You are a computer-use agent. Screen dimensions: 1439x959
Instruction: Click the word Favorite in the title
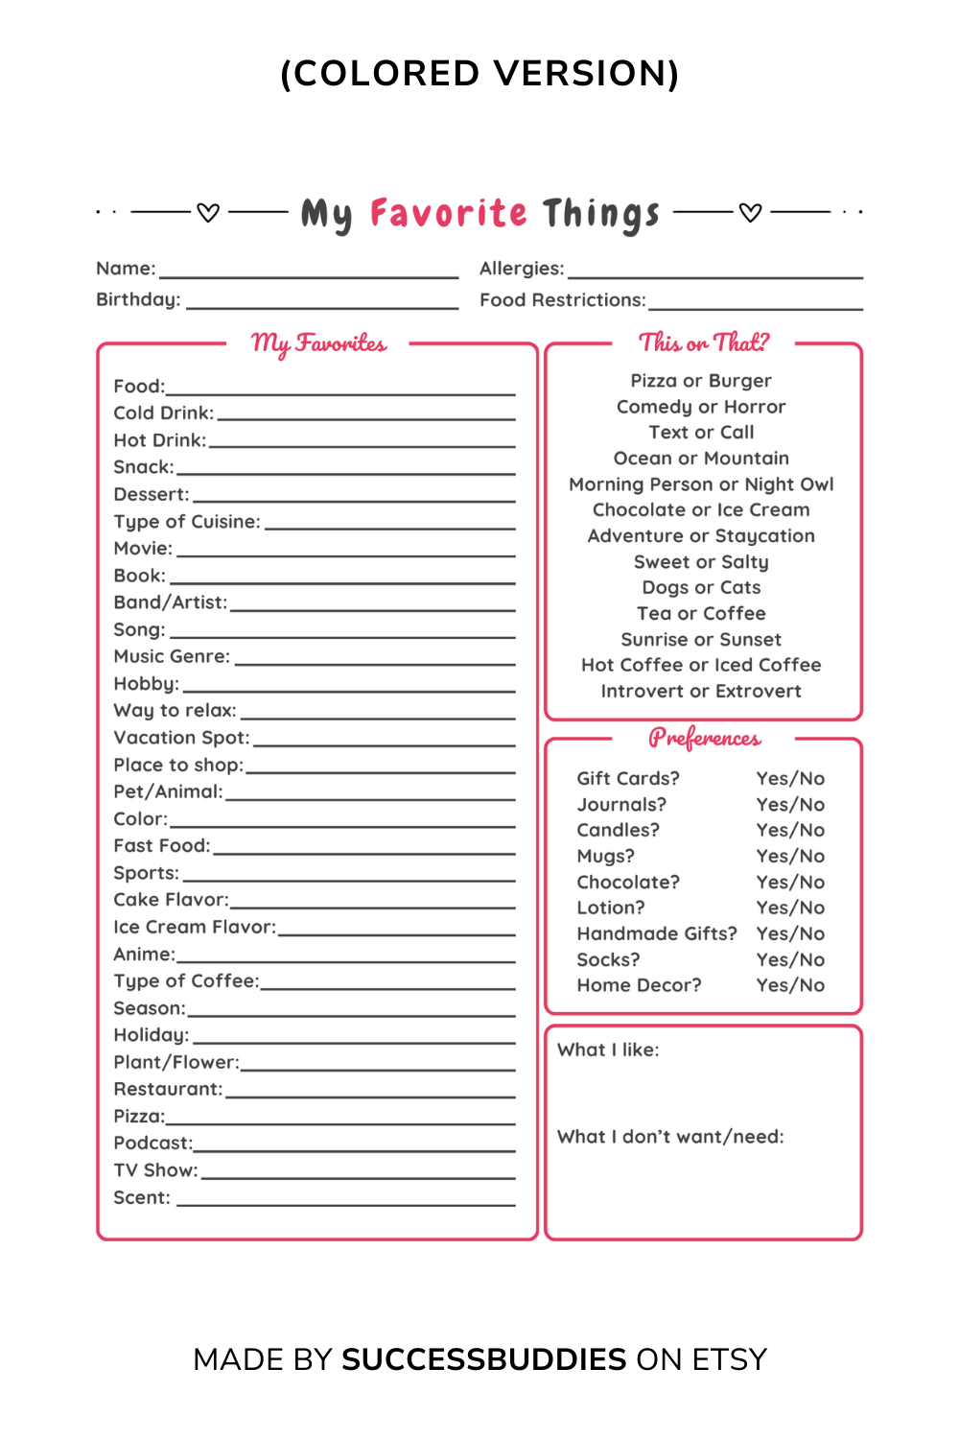click(x=448, y=213)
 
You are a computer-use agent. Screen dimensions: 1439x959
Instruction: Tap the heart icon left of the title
click(x=208, y=212)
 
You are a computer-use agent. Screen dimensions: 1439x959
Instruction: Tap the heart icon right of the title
click(x=751, y=212)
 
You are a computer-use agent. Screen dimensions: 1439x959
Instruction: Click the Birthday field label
click(x=138, y=299)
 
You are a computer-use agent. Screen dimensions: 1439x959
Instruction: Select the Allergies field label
click(x=522, y=269)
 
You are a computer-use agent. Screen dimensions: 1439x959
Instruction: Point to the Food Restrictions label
click(x=563, y=300)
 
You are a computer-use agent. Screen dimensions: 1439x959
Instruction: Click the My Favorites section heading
click(x=318, y=343)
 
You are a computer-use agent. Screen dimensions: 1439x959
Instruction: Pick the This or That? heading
click(x=704, y=342)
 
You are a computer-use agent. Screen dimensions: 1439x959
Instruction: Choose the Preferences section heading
click(x=704, y=738)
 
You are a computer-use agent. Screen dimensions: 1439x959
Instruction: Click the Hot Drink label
click(x=159, y=440)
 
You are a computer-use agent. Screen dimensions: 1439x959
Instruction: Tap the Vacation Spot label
click(x=181, y=738)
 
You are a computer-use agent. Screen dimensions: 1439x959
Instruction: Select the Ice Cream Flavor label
click(x=195, y=927)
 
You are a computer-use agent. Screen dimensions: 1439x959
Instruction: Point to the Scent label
click(x=142, y=1197)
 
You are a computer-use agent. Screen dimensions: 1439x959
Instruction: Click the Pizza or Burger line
click(x=701, y=381)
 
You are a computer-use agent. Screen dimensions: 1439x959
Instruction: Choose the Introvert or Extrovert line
click(x=701, y=691)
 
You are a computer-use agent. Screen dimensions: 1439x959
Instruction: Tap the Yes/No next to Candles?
click(x=790, y=830)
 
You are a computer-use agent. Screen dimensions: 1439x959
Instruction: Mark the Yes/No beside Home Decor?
click(x=790, y=985)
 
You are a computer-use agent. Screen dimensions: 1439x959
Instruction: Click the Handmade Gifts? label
click(x=657, y=933)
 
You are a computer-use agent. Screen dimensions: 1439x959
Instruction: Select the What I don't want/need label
click(x=670, y=1137)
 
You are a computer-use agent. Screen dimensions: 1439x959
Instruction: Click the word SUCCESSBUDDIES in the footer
click(x=484, y=1359)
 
